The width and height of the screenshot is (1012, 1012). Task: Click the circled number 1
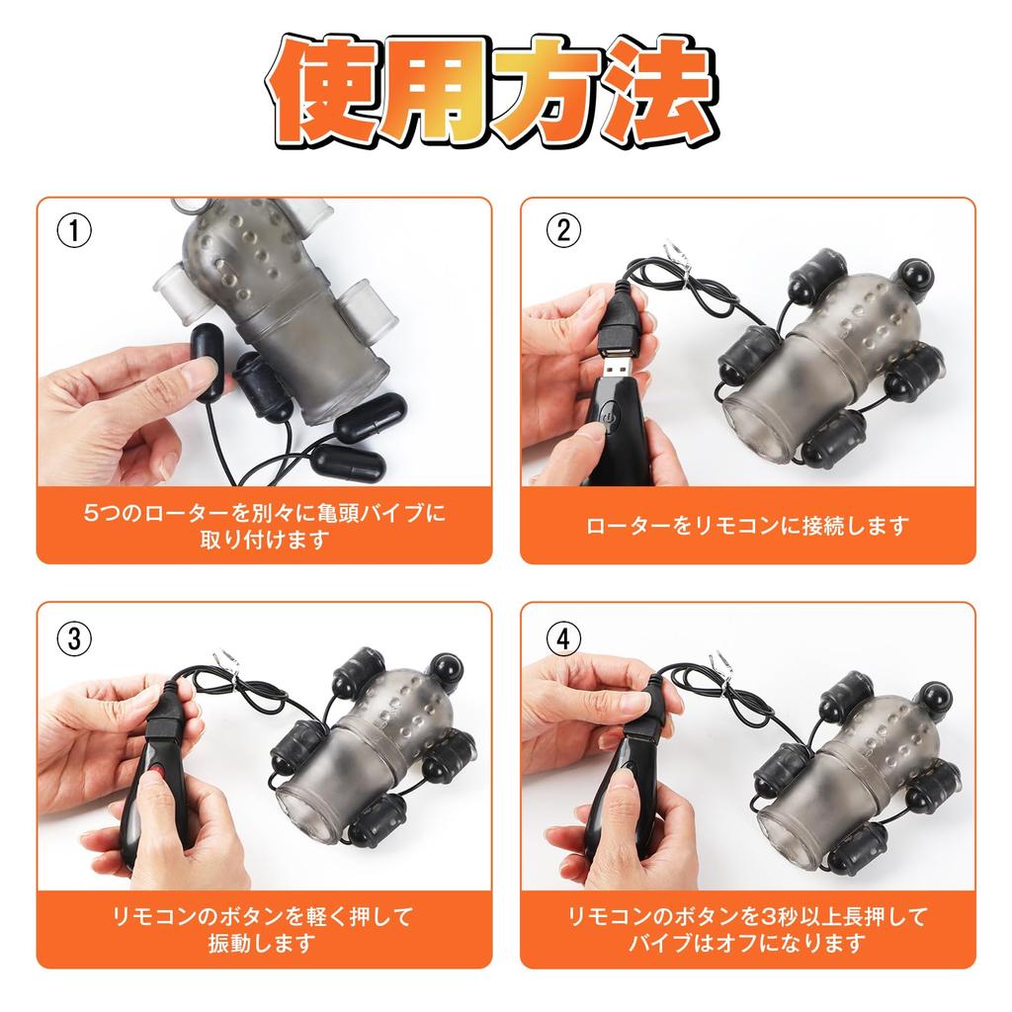(74, 230)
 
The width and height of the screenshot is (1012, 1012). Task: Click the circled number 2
(563, 230)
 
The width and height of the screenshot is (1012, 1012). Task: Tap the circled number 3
(74, 639)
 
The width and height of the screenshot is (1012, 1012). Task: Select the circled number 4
(563, 639)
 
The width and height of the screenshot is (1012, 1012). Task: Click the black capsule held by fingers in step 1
(208, 362)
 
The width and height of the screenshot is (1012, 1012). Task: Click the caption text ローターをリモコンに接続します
(747, 527)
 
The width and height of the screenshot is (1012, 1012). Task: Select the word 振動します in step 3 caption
(261, 943)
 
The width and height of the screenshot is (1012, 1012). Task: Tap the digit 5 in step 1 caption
(91, 513)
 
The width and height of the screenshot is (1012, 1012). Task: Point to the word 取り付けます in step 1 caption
(265, 539)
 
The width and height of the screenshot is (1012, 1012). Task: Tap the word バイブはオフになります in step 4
(747, 943)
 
